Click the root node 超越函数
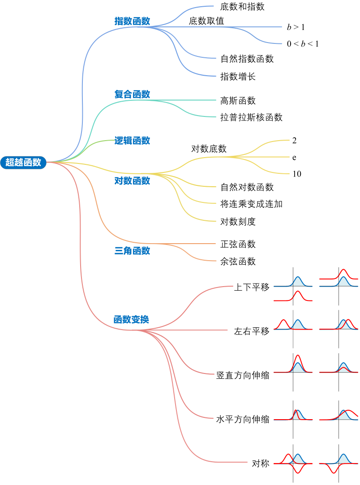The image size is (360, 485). tap(23, 162)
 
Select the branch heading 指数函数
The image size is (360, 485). tap(132, 21)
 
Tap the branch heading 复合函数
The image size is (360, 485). tap(132, 94)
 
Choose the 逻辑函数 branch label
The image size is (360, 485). tap(132, 141)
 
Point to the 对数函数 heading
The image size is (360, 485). tap(132, 181)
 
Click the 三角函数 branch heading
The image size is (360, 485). tap(132, 251)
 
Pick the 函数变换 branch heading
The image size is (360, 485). tap(131, 320)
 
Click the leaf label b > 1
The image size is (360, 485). tap(296, 27)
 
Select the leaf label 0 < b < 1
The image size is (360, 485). tap(303, 44)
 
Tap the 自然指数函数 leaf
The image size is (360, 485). tap(247, 59)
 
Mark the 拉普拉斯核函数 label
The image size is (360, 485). tap(252, 117)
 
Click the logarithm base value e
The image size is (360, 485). tap(294, 158)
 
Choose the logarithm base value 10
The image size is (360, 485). tap(297, 174)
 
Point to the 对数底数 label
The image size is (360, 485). tap(209, 149)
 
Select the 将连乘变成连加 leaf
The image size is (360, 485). tap(252, 204)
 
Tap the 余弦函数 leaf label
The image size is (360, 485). tap(238, 261)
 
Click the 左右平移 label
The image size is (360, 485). tap(252, 331)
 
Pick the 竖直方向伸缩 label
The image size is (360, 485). tap(243, 375)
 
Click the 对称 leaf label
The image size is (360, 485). tap(261, 464)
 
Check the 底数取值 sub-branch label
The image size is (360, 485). tap(206, 21)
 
